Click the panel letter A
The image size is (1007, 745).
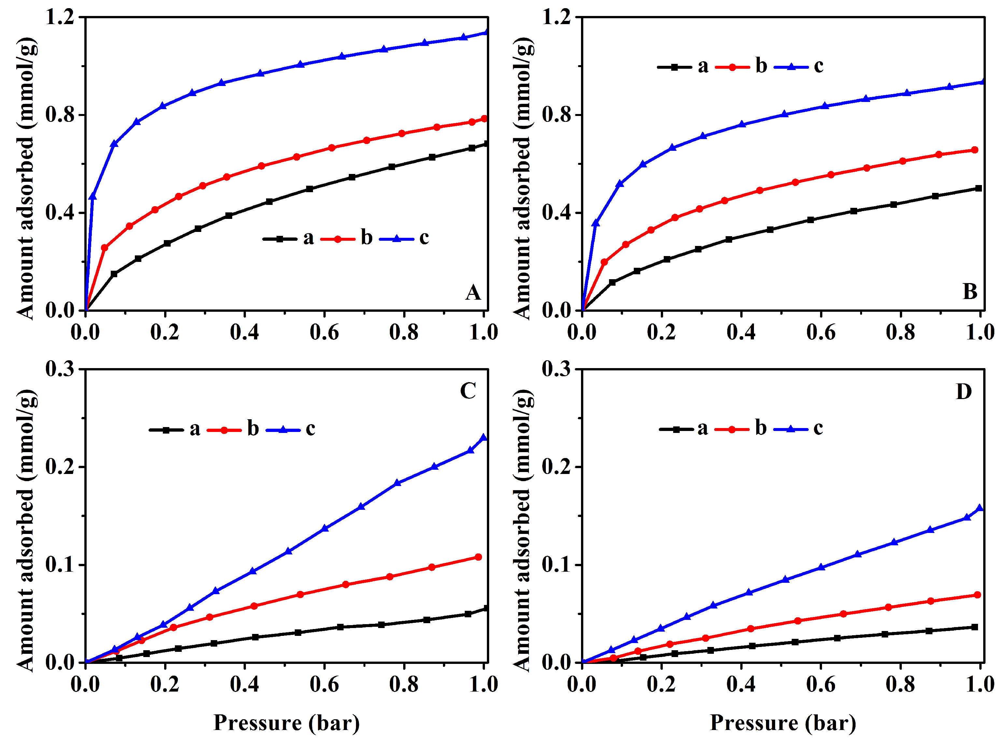(x=473, y=293)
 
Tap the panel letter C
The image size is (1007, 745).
(x=468, y=391)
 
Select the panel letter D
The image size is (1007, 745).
(x=964, y=392)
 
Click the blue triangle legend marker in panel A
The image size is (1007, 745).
(x=397, y=238)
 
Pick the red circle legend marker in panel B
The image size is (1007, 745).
(x=732, y=67)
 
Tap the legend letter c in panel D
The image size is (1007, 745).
(x=818, y=428)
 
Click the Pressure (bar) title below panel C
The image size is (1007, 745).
(x=286, y=723)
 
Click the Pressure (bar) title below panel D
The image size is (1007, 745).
(x=783, y=723)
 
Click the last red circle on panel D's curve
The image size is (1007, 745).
(x=977, y=595)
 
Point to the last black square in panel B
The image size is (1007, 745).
(x=978, y=188)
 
